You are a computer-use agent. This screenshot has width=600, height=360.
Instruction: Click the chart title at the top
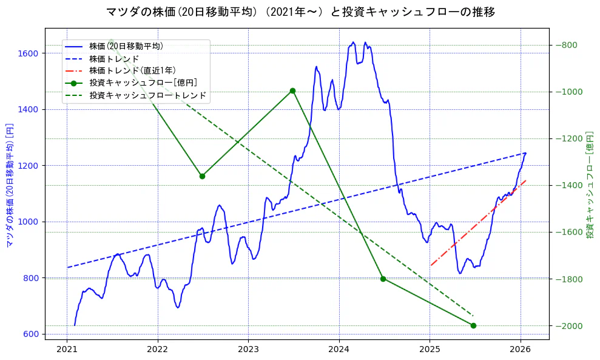300,12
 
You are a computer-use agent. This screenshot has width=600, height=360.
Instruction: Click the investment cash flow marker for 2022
202,176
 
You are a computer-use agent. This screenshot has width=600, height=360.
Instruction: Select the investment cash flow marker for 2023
292,91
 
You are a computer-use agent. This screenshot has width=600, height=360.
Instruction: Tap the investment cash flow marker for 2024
383,279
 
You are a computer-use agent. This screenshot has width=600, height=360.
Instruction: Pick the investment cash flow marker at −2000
473,325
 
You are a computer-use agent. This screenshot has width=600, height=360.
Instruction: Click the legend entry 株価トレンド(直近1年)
132,70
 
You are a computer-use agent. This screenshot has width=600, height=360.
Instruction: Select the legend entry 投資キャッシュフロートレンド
147,95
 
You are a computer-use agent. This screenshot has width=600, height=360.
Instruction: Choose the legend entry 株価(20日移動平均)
126,46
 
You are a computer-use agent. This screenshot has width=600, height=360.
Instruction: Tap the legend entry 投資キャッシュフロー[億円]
143,83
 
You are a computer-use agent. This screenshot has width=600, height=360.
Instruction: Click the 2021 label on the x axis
67,349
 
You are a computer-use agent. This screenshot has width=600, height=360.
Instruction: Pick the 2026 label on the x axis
520,349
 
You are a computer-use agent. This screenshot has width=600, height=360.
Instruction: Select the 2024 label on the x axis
339,349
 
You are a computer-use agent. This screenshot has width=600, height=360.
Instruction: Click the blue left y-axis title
10,185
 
